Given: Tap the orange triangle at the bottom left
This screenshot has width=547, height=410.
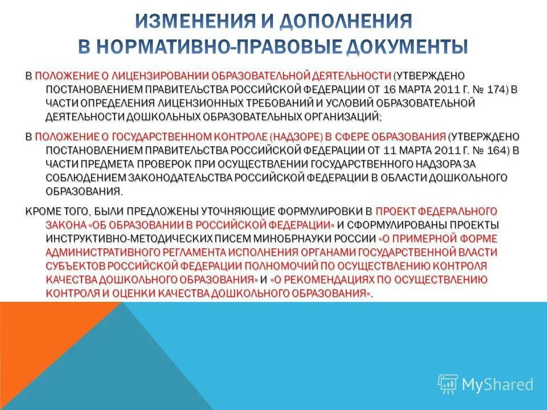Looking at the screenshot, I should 51,364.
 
